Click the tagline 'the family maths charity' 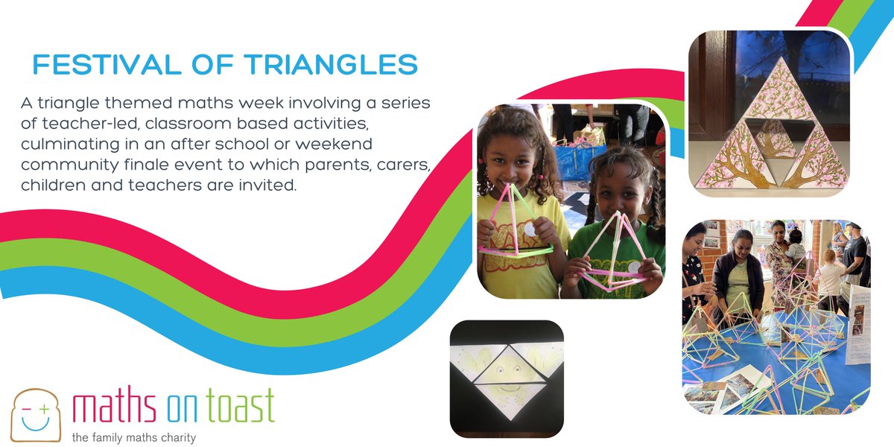click(x=133, y=437)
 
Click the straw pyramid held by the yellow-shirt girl click(x=516, y=223)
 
